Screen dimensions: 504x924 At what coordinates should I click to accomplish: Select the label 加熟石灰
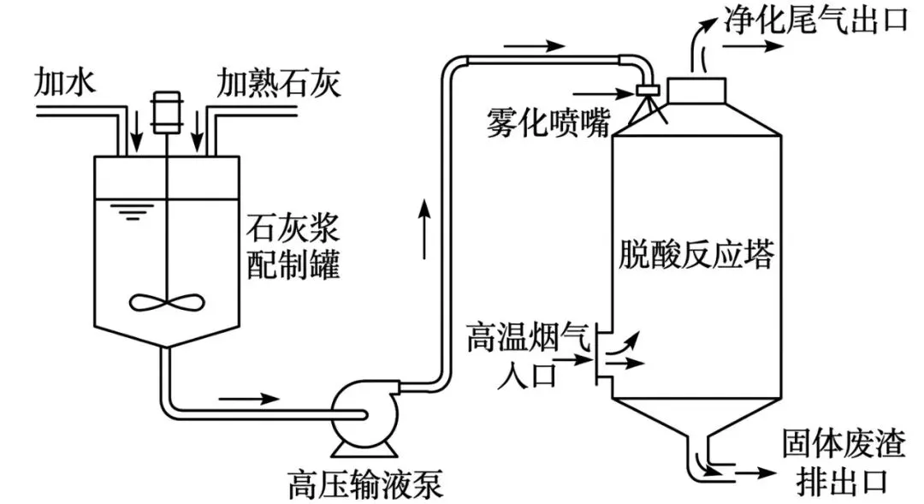pyautogui.click(x=278, y=84)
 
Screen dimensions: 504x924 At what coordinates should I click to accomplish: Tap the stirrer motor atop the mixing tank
pyautogui.click(x=166, y=110)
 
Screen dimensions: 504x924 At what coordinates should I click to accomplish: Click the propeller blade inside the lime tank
pyautogui.click(x=166, y=301)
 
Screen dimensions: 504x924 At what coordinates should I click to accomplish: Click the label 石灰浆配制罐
pyautogui.click(x=293, y=248)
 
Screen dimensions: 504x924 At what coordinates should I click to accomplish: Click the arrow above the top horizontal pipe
pyautogui.click(x=535, y=45)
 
